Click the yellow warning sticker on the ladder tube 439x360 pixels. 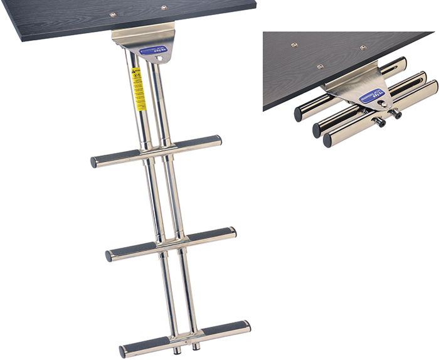139,88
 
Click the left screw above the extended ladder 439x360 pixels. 113,14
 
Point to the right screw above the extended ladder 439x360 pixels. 163,8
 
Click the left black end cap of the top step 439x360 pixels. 95,162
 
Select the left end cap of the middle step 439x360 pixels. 110,256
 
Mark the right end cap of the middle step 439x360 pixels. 233,232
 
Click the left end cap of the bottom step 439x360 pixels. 124,349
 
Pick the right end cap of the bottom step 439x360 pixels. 246,326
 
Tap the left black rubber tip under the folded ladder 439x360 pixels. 380,123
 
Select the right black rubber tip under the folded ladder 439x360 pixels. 397,114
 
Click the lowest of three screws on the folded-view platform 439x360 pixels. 320,66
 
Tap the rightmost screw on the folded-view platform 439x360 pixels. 362,48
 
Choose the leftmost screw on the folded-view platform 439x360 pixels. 294,45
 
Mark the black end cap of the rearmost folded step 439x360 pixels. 300,115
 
